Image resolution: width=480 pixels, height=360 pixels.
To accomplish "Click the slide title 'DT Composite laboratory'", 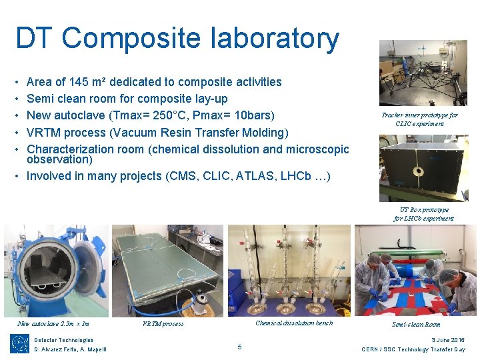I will click(x=177, y=39).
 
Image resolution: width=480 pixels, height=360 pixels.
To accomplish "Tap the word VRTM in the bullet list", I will click(x=47, y=133).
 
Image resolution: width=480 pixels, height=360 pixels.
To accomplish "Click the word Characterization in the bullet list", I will click(x=75, y=149).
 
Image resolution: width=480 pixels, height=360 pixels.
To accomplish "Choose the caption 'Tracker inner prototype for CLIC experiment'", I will click(x=419, y=119).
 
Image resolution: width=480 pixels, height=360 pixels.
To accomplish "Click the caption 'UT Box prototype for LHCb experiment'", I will click(x=423, y=214).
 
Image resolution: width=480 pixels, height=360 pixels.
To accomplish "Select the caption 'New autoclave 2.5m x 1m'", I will click(x=53, y=324).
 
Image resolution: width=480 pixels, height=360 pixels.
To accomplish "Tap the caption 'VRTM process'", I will click(x=163, y=324).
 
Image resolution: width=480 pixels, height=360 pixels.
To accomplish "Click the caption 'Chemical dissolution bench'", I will click(x=294, y=323).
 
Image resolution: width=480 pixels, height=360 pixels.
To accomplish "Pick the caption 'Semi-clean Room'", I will click(x=416, y=325).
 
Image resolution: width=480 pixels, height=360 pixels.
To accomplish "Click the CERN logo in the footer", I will click(x=19, y=344).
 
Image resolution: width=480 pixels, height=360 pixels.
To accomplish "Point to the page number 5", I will click(x=240, y=346).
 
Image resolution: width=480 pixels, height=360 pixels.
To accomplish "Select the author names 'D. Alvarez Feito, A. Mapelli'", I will click(x=70, y=349).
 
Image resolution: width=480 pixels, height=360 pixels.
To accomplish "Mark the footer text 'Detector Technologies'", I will click(x=64, y=340).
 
